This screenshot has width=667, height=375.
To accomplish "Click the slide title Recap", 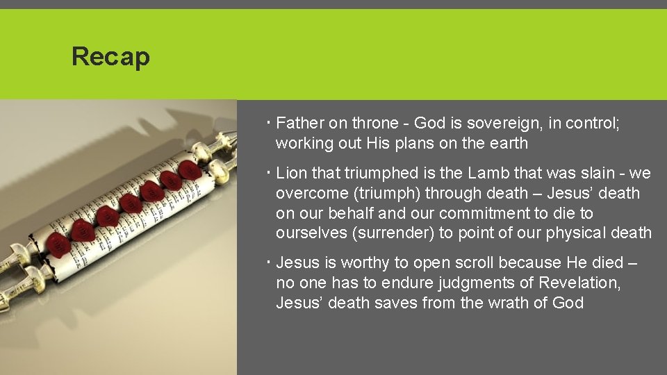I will click(x=110, y=56).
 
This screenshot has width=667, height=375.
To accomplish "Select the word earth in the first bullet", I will click(x=509, y=144).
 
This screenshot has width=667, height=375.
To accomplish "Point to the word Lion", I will click(x=292, y=173).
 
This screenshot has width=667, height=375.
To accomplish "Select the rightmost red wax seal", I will click(x=189, y=169).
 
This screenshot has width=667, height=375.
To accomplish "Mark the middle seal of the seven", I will click(x=129, y=203).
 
